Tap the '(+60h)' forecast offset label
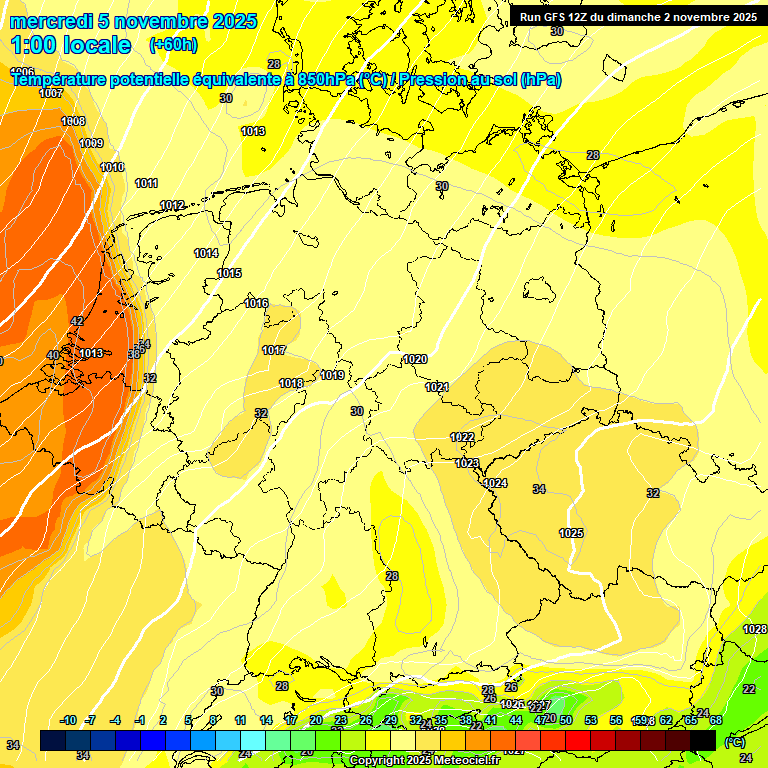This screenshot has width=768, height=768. [x=173, y=45]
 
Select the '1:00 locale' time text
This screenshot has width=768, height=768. [x=71, y=45]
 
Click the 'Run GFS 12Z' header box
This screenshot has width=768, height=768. [x=638, y=16]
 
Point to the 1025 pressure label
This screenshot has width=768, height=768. [x=571, y=533]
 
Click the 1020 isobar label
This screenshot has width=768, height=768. [x=415, y=359]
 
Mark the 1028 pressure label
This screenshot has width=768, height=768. [x=755, y=629]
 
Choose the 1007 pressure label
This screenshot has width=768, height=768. [x=51, y=93]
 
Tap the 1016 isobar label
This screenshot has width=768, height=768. [x=256, y=303]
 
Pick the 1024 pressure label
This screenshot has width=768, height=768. [x=495, y=483]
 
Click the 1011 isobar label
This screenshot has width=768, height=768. [x=147, y=183]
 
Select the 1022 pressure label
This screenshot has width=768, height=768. [x=462, y=437]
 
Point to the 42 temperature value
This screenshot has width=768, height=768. [x=77, y=321]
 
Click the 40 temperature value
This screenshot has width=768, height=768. [x=53, y=355]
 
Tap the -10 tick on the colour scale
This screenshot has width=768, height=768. [x=68, y=720]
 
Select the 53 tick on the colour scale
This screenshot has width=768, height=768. [x=591, y=720]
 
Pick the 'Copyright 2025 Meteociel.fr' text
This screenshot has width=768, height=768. [x=424, y=761]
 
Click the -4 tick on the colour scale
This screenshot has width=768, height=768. [x=115, y=720]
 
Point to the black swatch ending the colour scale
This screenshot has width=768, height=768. [x=703, y=740]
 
